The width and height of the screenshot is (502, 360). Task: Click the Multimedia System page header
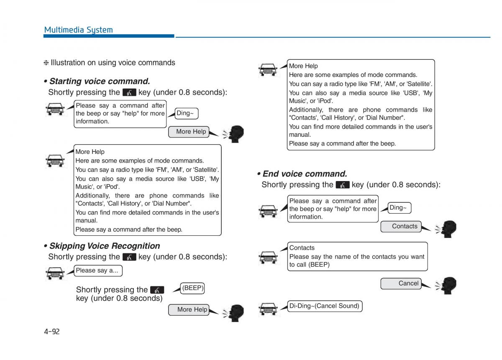tap(78, 30)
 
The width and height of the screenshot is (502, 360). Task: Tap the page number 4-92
tap(52, 332)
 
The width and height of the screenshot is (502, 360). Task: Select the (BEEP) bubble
tap(193, 288)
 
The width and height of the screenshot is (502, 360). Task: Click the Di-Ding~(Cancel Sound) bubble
tap(324, 306)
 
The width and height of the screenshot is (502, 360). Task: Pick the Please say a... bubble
tap(97, 271)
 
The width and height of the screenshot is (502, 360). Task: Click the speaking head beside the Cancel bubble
tap(447, 286)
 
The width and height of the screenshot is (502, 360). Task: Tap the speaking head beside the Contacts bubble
tap(447, 229)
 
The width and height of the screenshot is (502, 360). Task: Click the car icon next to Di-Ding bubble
tap(268, 308)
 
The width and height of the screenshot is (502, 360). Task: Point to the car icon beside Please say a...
tap(55, 273)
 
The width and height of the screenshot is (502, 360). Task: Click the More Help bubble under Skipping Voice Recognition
tap(189, 310)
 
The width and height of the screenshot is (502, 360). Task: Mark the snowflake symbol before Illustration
tap(46, 63)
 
